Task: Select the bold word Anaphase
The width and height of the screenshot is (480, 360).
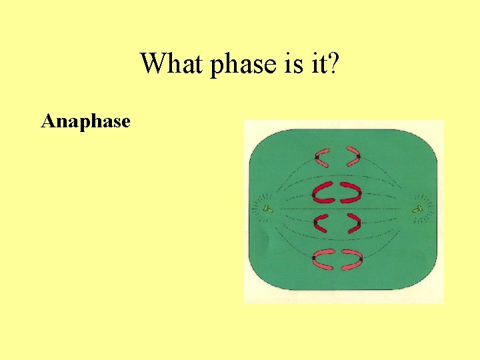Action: (x=85, y=121)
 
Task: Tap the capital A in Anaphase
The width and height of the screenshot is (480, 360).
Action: (x=47, y=121)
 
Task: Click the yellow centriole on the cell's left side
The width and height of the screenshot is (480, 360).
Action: (x=267, y=209)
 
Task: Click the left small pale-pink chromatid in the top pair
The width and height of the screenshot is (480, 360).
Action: (x=323, y=158)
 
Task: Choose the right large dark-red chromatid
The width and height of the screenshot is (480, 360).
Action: (x=351, y=193)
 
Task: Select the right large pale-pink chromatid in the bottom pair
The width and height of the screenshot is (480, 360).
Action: (x=351, y=259)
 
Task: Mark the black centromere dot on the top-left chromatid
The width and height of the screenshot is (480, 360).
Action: (x=317, y=157)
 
